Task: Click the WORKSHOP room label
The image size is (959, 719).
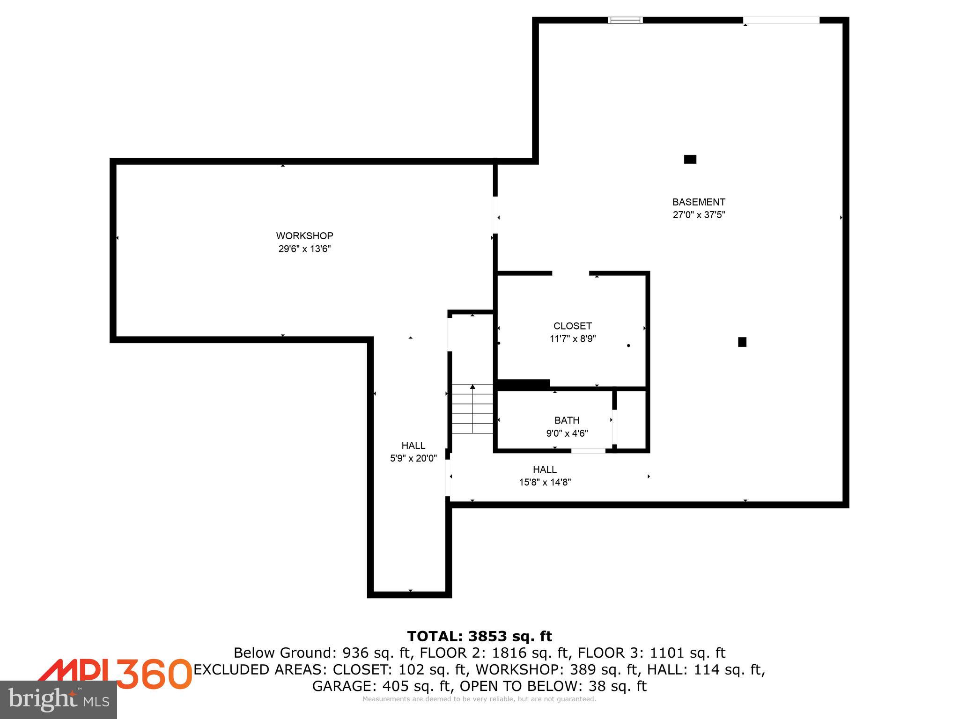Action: point(304,236)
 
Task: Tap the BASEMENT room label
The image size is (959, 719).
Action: point(699,202)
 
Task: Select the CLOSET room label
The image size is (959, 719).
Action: point(572,326)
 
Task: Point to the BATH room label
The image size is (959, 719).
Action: point(567,420)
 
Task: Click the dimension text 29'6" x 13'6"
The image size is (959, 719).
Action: point(304,249)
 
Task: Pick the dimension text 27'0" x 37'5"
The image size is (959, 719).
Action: point(699,215)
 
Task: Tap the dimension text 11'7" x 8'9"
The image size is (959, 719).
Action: point(572,339)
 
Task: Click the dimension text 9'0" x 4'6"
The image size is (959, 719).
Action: point(567,433)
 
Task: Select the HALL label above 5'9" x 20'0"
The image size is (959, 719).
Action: point(413,446)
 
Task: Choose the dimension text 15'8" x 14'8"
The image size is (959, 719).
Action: point(545,482)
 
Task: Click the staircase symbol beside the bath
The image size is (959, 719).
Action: point(472,409)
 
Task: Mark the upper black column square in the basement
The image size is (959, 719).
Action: point(690,159)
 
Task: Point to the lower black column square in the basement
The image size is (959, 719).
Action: point(742,342)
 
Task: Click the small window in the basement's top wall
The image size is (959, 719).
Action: point(625,20)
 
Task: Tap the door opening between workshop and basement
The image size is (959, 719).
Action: point(495,215)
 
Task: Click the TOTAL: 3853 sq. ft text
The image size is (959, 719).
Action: point(479,636)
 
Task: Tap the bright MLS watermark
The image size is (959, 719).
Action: point(59,700)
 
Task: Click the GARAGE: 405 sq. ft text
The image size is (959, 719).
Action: point(382,686)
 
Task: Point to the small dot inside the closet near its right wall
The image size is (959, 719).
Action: point(628,345)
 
